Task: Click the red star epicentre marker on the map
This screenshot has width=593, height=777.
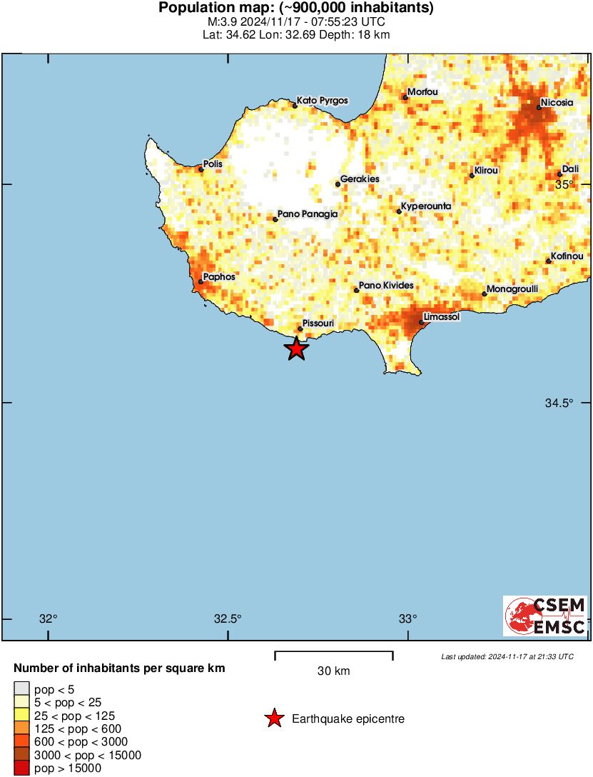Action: tap(296, 349)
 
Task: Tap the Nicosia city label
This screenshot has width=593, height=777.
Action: tap(557, 102)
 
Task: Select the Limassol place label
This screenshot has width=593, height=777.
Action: tap(441, 316)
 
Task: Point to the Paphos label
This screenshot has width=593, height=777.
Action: tap(219, 276)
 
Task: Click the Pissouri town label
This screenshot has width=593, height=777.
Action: tap(318, 324)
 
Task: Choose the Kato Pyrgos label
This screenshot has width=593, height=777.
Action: tap(323, 101)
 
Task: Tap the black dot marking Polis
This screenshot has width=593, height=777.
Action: tap(201, 169)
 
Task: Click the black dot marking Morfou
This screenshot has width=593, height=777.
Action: tap(405, 96)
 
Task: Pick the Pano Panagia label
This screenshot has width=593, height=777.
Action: tap(307, 214)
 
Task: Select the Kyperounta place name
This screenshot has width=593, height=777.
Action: tap(426, 206)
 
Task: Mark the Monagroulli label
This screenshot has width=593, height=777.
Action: tap(512, 289)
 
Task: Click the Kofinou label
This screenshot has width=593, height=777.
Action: tap(567, 256)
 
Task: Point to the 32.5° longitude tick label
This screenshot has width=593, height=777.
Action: tap(228, 618)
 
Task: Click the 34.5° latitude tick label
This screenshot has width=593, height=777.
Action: tap(559, 403)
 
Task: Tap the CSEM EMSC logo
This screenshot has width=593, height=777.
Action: tap(545, 616)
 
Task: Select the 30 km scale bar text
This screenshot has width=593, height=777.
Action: tap(333, 671)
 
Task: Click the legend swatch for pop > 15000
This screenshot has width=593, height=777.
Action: tap(21, 768)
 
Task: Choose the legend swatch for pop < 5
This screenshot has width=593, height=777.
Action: tap(21, 689)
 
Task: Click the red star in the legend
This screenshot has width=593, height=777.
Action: tap(274, 719)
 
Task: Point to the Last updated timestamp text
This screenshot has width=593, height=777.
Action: tap(507, 656)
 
